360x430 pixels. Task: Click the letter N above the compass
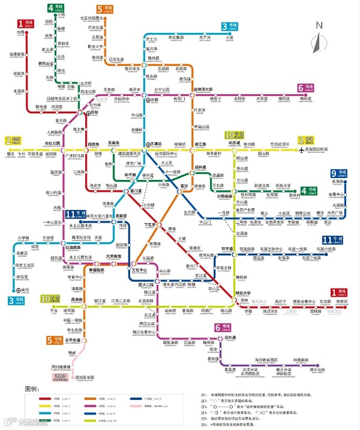pyautogui.click(x=319, y=26)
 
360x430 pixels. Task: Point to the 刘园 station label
pyautogui.click(x=20, y=33)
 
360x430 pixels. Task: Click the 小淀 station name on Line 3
pyautogui.click(x=229, y=37)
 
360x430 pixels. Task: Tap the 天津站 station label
pyautogui.click(x=156, y=144)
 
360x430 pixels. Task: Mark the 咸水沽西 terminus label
pyautogui.click(x=317, y=369)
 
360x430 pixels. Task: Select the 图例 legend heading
pyautogui.click(x=31, y=390)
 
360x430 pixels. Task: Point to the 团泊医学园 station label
pyautogui.click(x=84, y=378)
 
